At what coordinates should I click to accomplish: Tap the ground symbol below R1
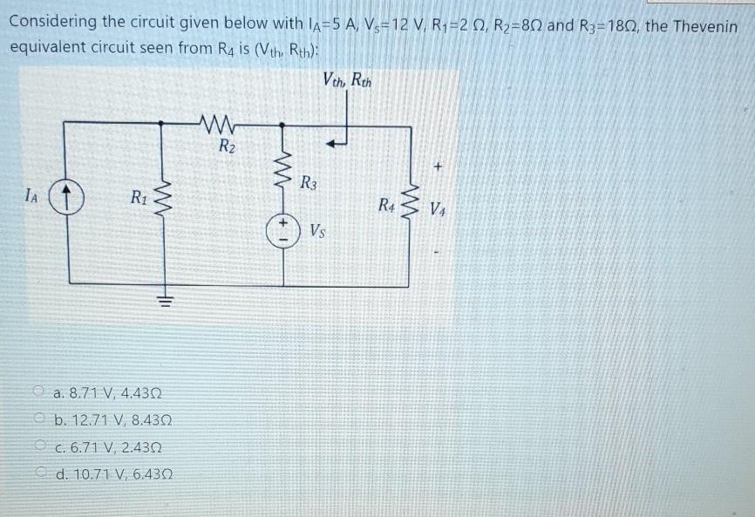pos(161,301)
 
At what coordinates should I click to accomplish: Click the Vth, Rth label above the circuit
pos(347,83)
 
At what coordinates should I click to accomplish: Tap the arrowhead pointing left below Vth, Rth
pos(330,136)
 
